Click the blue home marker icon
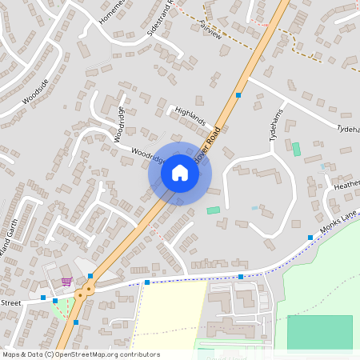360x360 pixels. [180, 173]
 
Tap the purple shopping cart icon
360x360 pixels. [66, 282]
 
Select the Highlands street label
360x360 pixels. [190, 117]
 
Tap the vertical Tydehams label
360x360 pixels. [276, 126]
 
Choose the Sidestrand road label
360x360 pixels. [153, 15]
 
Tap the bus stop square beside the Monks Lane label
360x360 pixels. [310, 238]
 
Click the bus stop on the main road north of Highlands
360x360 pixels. [238, 95]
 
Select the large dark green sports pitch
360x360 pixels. [319, 332]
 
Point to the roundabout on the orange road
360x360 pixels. [80, 294]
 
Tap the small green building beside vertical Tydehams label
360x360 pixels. [296, 149]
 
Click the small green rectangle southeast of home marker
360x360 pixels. [213, 210]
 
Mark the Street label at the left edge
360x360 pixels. [10, 303]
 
